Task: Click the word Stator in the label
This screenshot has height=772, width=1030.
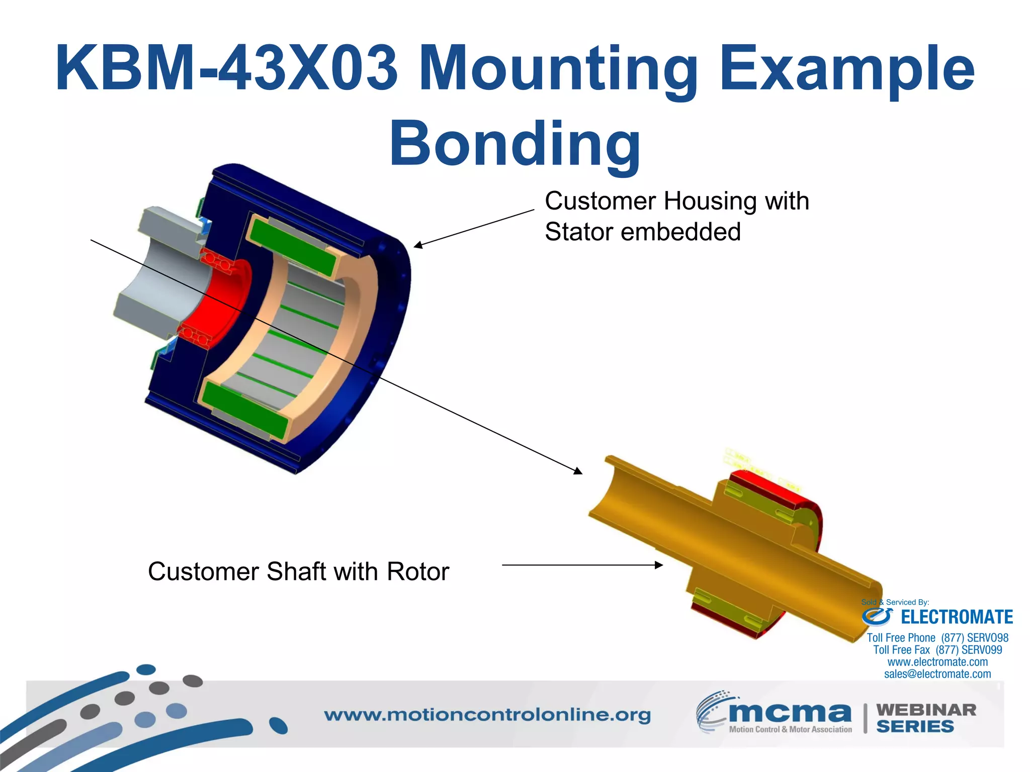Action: point(579,232)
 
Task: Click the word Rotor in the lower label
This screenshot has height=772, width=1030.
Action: point(417,572)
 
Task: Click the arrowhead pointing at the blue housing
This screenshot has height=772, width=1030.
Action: point(417,245)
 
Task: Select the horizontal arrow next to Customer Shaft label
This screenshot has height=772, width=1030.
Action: point(582,565)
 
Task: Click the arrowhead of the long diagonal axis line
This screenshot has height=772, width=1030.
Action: point(578,471)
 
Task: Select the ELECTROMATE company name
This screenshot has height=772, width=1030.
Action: point(956,617)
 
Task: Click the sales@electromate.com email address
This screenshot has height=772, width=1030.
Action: point(937,674)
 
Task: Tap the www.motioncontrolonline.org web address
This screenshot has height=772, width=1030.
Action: point(487,715)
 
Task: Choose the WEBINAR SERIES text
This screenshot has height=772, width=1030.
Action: point(925,718)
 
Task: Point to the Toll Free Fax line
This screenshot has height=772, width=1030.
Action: point(937,650)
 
